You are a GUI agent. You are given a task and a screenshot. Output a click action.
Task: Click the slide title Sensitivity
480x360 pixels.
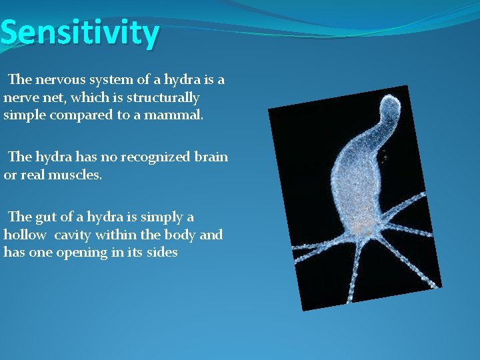[80, 33]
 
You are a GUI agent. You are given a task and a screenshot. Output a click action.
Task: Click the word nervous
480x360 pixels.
[63, 80]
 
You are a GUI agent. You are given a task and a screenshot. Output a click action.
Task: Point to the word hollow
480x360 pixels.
[25, 235]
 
